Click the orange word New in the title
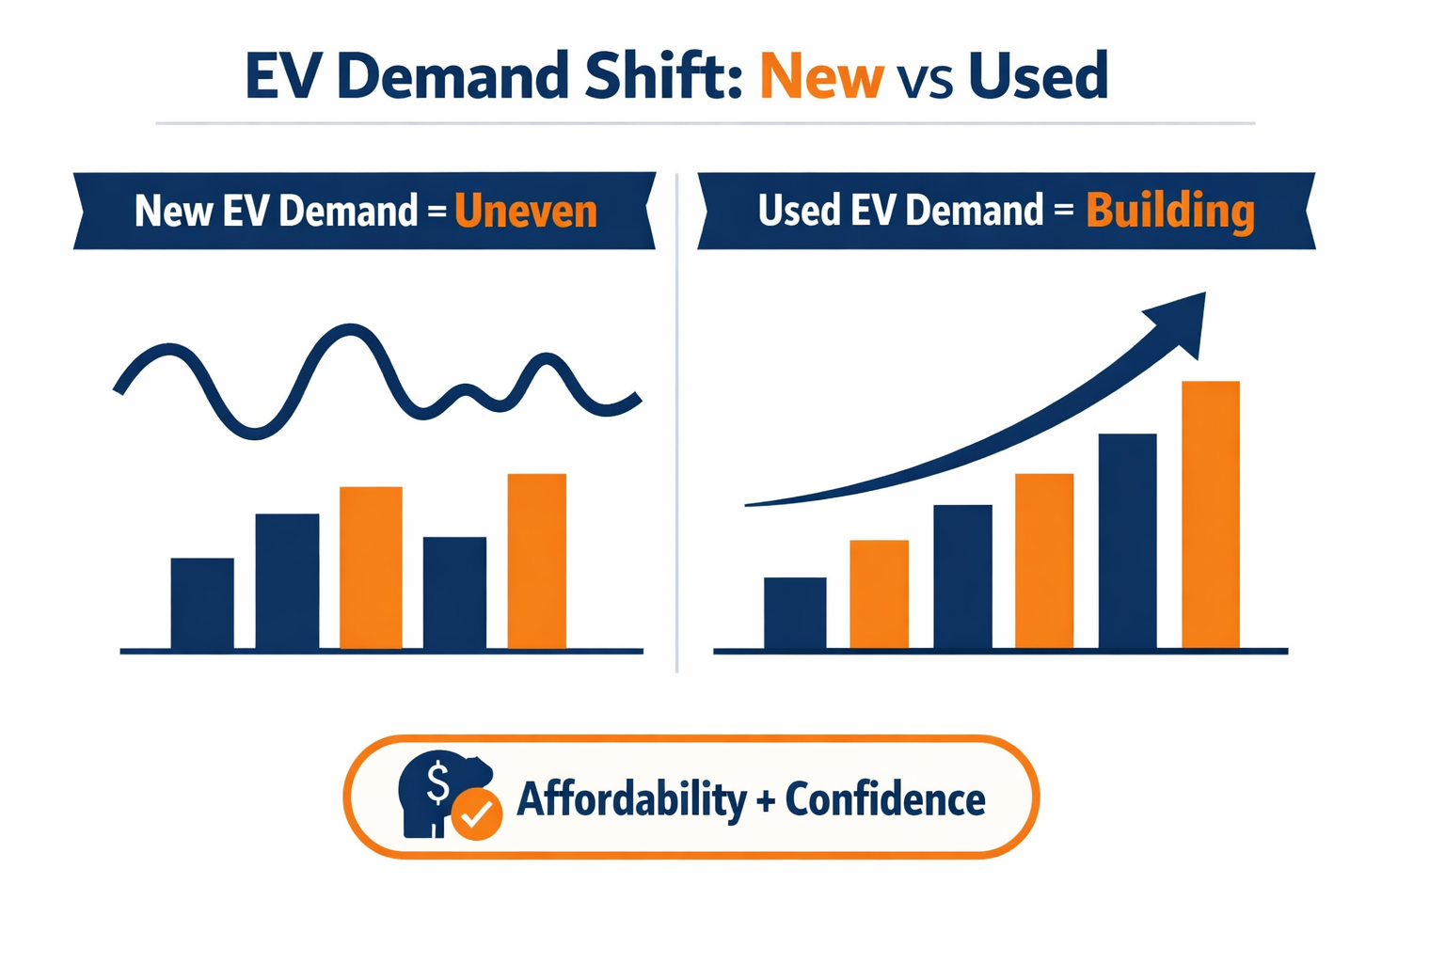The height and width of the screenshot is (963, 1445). [821, 77]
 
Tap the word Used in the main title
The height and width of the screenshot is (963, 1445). [1038, 77]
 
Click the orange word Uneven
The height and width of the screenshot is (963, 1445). [525, 212]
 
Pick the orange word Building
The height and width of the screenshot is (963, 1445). [1169, 212]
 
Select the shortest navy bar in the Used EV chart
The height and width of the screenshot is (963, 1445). [795, 613]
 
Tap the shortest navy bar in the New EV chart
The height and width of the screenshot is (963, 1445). [202, 604]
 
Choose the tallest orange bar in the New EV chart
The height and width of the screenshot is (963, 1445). [536, 561]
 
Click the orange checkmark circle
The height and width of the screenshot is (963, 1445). [477, 813]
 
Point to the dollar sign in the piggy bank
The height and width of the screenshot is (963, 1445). [437, 782]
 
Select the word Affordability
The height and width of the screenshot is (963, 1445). [630, 800]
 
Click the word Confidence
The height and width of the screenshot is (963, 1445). [884, 800]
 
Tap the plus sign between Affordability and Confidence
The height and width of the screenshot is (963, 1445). [765, 802]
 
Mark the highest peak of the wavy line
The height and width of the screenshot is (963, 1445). [350, 330]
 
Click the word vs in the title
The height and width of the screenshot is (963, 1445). [925, 81]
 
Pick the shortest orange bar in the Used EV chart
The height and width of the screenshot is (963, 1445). [879, 594]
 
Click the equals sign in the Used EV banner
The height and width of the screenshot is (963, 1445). [1063, 211]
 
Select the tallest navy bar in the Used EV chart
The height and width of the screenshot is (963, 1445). [1127, 542]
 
